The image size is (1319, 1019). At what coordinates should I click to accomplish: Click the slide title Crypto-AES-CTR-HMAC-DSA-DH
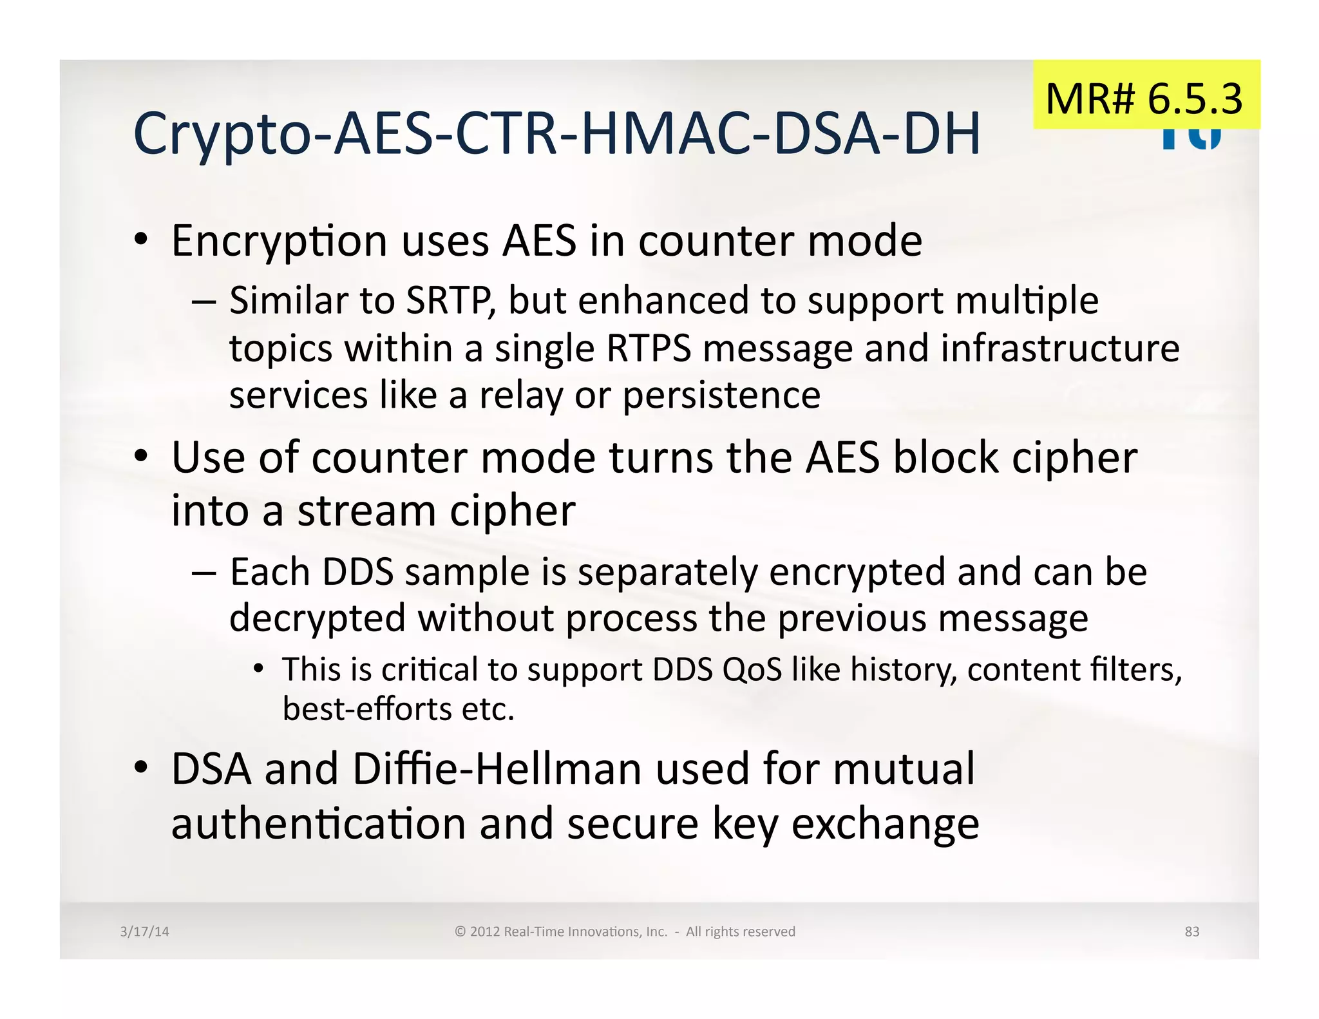point(556,134)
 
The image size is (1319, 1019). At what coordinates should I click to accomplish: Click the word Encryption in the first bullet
point(279,242)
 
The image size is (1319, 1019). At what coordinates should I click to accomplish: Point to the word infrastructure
point(1059,348)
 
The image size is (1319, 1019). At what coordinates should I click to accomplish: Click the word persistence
point(721,395)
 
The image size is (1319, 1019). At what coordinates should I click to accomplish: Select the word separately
point(667,573)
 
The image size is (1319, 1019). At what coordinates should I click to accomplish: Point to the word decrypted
point(318,619)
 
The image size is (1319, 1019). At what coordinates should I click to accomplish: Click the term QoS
point(752,669)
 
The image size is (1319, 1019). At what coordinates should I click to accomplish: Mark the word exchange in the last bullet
point(885,824)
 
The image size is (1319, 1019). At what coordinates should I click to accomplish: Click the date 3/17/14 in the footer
point(144,931)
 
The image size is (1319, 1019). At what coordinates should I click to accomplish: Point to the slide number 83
point(1191,931)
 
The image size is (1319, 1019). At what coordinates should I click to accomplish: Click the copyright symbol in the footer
point(460,931)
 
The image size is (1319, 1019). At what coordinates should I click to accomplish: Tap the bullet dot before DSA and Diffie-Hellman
point(141,768)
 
